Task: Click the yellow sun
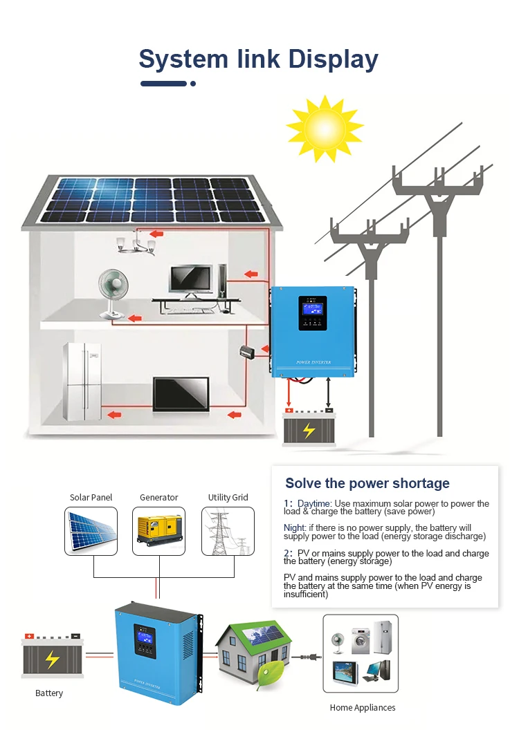[325, 128]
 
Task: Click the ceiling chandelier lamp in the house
[137, 243]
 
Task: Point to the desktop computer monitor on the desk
[192, 279]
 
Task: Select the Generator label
[158, 497]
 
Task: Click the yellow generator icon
[159, 530]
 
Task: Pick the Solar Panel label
[91, 497]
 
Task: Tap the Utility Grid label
[228, 497]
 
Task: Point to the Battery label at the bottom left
[49, 693]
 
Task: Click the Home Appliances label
[363, 707]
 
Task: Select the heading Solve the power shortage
[367, 483]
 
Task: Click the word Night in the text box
[294, 527]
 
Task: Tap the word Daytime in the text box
[315, 503]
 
